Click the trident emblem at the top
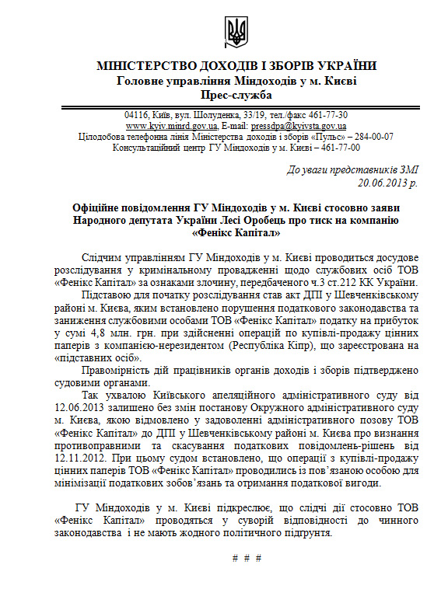[236, 32]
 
